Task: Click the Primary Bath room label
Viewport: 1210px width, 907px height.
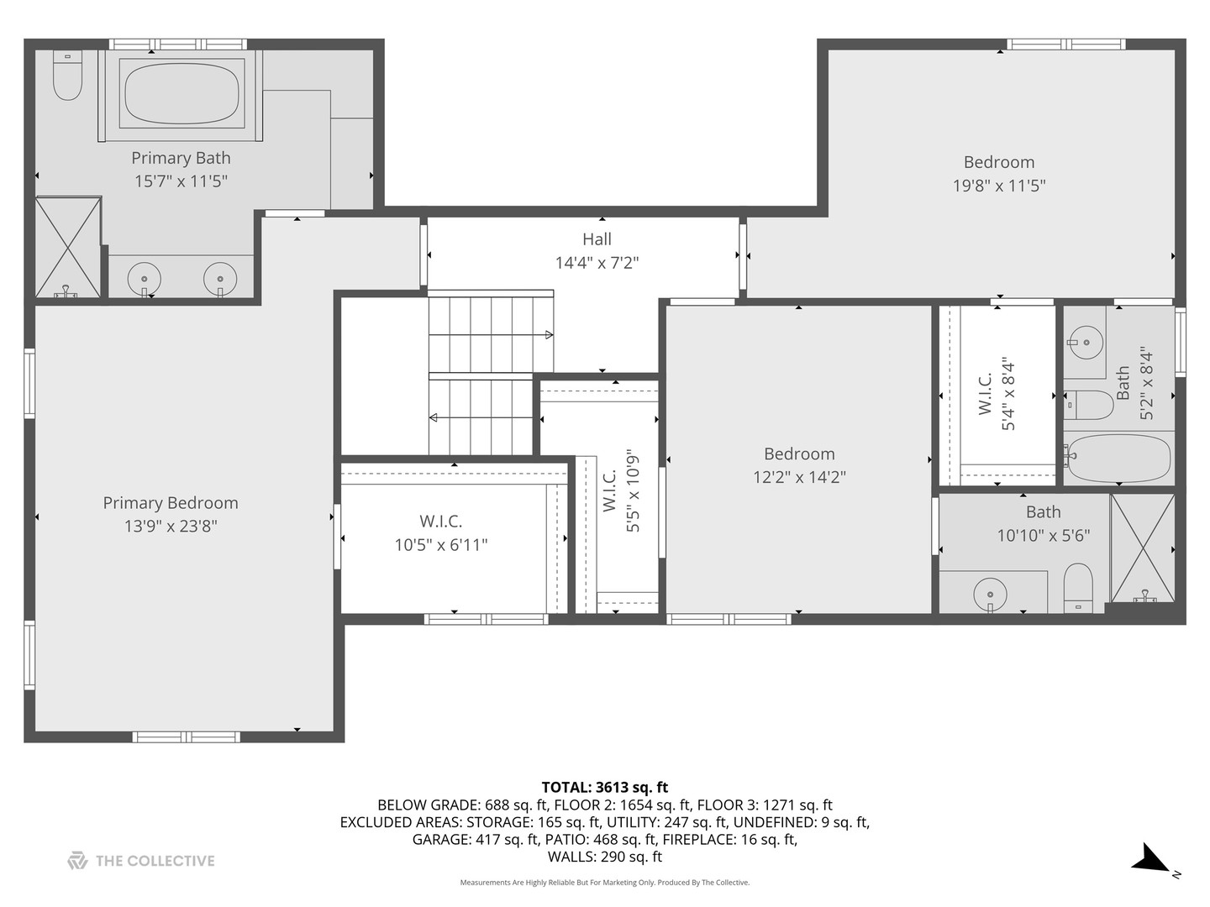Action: [181, 158]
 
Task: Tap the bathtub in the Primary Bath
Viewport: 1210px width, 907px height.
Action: [181, 92]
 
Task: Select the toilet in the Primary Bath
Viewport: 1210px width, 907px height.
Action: [67, 76]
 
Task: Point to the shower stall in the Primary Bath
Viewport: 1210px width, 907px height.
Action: [68, 248]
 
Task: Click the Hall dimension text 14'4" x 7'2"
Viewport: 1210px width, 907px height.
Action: [597, 263]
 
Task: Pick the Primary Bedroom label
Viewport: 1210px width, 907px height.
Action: [171, 503]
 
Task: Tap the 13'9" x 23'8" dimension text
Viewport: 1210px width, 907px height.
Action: [171, 527]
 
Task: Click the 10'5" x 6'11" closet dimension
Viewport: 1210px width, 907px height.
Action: [441, 545]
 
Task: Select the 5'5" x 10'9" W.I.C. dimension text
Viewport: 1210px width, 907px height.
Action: [633, 490]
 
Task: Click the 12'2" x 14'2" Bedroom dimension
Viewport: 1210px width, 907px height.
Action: [799, 476]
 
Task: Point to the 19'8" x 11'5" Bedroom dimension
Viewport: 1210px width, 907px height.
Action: [999, 186]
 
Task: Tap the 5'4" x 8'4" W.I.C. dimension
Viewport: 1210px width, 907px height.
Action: [1007, 396]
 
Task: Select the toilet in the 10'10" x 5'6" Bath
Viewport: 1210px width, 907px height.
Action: [1078, 588]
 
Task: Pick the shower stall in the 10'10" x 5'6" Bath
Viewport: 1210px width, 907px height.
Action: [1142, 548]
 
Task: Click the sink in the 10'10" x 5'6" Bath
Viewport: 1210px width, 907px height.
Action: [990, 595]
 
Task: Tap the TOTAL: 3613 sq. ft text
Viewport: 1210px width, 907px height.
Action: [605, 787]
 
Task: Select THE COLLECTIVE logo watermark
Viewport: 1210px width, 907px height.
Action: [141, 861]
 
